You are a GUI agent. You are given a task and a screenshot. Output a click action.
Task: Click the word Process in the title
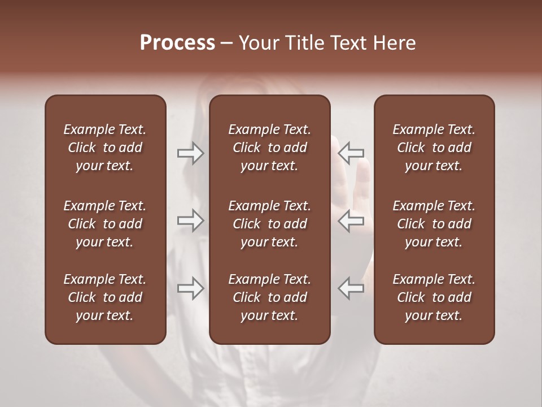coord(177,43)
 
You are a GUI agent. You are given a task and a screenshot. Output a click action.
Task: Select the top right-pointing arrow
coord(190,153)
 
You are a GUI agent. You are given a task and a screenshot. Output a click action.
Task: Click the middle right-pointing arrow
coord(190,220)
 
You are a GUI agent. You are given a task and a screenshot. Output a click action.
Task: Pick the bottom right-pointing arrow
coord(190,288)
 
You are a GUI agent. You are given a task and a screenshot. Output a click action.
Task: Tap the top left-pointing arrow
coord(351,153)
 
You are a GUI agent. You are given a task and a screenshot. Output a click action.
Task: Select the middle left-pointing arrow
coord(351,220)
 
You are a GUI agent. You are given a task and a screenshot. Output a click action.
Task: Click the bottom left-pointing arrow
coord(351,288)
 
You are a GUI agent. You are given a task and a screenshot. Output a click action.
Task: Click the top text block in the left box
coord(105,148)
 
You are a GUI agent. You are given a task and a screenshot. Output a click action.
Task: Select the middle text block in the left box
coord(105,224)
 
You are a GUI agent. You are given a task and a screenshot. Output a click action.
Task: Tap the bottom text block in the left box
coord(105,297)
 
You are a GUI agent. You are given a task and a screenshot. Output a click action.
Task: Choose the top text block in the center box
coord(269,148)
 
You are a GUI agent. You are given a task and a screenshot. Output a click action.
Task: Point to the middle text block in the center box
coord(269,224)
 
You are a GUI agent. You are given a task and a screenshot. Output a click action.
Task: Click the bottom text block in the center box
coord(269,297)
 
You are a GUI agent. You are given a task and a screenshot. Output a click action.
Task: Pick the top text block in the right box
coord(434,148)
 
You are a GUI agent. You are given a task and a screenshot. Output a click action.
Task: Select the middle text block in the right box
coord(434,224)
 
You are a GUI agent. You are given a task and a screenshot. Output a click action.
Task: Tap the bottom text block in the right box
coord(434,297)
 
